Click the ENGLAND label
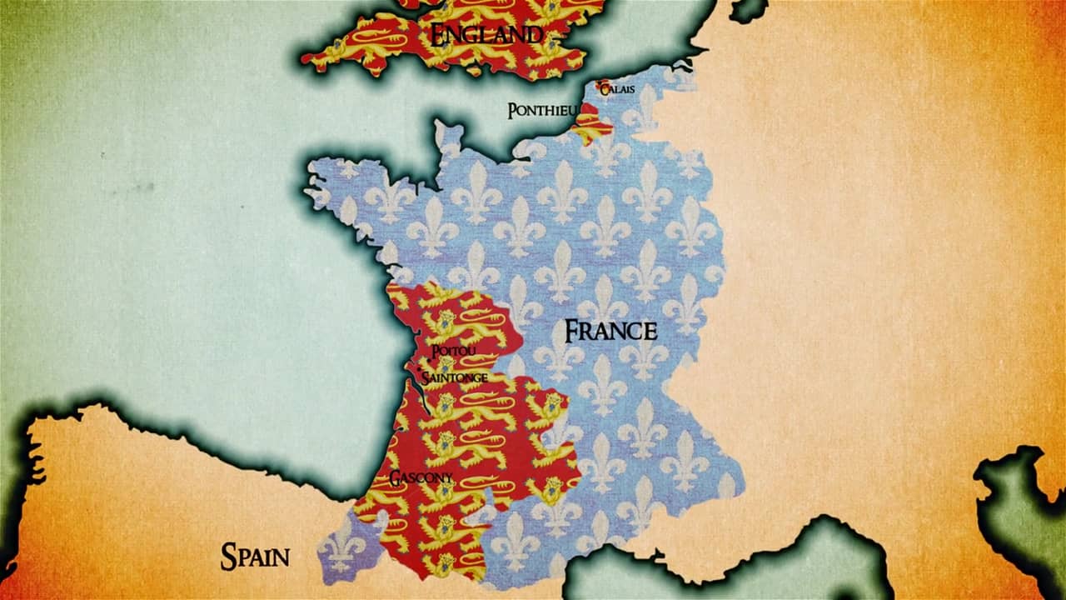[x=486, y=34]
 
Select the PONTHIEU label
[x=542, y=111]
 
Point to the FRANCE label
[x=610, y=331]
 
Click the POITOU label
[x=454, y=352]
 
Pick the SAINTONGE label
[x=455, y=377]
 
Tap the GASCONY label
[x=421, y=478]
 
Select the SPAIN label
[x=255, y=556]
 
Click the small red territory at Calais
[x=602, y=87]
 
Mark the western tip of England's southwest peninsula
[x=306, y=60]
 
